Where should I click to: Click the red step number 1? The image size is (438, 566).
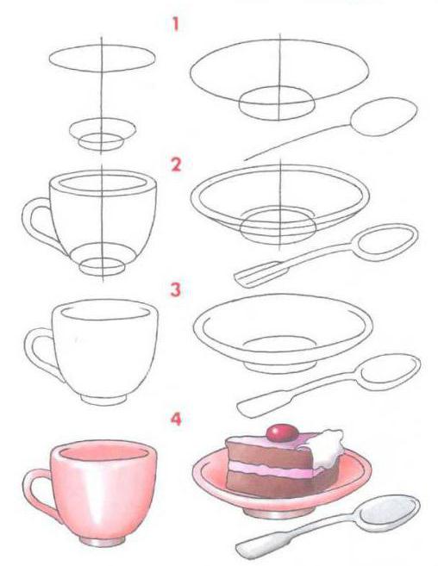(x=176, y=24)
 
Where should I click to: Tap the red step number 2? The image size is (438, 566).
(x=176, y=165)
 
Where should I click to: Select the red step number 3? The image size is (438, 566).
(x=176, y=289)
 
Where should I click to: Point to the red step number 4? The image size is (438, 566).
(x=176, y=419)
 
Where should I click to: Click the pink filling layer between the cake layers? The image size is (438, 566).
(x=269, y=469)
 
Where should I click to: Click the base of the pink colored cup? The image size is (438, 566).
(x=103, y=541)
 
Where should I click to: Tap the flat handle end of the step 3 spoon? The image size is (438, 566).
(x=248, y=407)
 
